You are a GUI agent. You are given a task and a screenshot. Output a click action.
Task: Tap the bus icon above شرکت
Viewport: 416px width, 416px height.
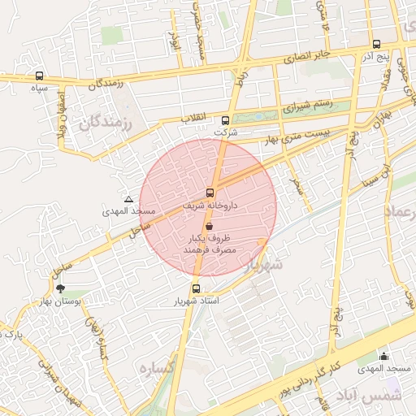226,120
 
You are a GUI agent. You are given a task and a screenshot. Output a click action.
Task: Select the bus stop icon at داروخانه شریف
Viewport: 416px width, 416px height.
210,193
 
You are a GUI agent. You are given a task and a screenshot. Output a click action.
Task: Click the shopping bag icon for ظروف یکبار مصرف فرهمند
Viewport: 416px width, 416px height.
210,227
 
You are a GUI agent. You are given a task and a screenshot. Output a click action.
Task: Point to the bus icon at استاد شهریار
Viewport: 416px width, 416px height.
196,288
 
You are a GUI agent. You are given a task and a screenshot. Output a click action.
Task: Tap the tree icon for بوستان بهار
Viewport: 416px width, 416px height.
59,288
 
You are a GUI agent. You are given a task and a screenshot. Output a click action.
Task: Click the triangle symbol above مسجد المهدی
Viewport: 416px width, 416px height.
128,199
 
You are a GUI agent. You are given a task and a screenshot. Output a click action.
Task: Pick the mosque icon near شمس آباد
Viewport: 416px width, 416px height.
383,356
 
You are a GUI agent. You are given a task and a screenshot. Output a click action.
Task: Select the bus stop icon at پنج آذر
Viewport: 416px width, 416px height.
375,45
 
